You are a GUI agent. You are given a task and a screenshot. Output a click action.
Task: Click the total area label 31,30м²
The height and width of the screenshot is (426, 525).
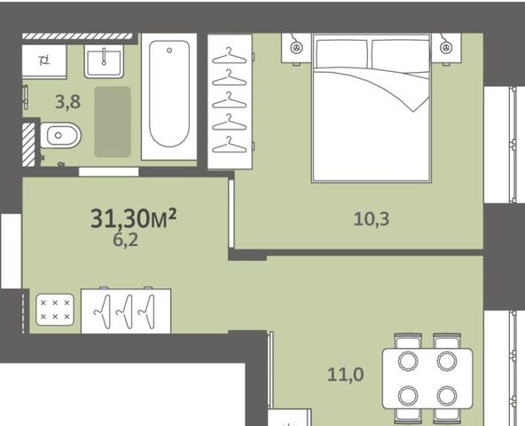point(134,218)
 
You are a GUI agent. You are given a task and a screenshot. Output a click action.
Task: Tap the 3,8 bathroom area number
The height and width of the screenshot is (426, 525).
point(68,102)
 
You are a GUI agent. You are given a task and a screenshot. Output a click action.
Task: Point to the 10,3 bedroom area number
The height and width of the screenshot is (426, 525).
point(372,219)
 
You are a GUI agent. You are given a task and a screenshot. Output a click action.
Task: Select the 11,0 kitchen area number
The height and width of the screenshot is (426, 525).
point(346,375)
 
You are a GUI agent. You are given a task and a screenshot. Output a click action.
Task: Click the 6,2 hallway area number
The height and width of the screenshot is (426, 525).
point(126,240)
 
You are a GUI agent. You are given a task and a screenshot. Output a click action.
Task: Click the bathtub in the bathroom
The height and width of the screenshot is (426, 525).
point(169,97)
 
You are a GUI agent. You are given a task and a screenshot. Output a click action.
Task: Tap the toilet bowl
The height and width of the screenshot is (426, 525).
point(60,136)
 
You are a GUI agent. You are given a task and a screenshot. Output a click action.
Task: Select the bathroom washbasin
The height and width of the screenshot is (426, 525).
point(104,61)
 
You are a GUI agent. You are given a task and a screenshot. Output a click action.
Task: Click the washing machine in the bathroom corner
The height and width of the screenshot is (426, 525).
point(44,61)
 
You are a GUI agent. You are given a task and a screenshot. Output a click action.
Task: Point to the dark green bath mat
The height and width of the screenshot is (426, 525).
point(113,122)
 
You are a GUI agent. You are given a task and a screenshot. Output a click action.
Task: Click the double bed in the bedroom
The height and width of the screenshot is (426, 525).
point(372,108)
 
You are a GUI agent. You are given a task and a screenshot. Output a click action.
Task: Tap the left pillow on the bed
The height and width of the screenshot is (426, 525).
point(341,54)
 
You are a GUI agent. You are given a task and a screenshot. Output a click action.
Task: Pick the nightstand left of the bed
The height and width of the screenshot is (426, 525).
point(297,48)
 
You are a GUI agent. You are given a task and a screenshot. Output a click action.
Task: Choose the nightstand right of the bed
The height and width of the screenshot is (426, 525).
point(446,48)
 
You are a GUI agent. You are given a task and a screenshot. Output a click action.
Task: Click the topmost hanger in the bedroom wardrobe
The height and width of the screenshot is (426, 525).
point(230,56)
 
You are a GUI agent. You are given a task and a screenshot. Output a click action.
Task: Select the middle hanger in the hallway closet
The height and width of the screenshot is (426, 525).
point(126,312)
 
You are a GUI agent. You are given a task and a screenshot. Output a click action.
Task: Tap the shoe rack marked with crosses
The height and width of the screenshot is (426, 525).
point(55,310)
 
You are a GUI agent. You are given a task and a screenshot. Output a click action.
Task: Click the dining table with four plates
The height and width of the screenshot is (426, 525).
point(427,378)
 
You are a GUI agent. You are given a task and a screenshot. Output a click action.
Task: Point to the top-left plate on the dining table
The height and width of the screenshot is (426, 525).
point(408,361)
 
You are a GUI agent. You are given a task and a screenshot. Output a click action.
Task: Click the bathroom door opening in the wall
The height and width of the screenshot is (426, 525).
point(109,172)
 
